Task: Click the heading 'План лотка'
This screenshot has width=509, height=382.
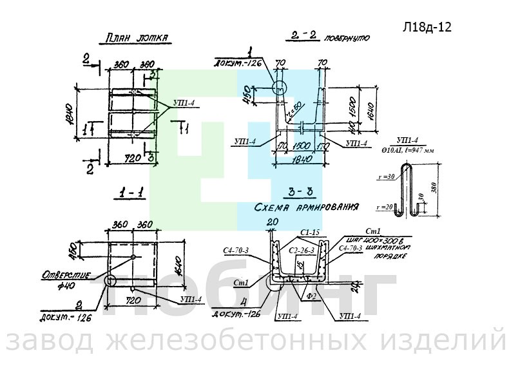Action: click(x=135, y=39)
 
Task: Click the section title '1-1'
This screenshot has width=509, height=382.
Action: click(x=131, y=192)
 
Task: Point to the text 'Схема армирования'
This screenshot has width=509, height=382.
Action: click(x=305, y=208)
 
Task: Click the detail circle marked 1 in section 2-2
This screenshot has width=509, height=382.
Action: click(x=279, y=88)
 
